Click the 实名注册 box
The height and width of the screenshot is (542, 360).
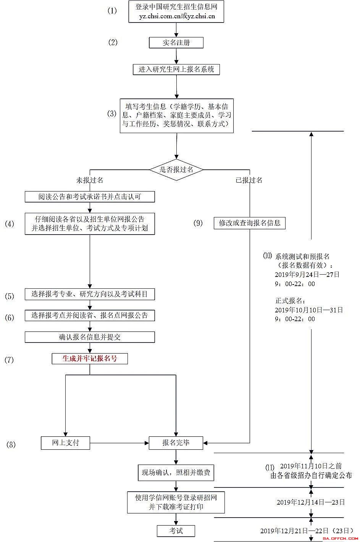coord(176,43)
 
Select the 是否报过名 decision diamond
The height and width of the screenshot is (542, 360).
coord(176,170)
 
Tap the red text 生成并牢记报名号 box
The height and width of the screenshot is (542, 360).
coord(90,359)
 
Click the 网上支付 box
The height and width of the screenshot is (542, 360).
coord(66,443)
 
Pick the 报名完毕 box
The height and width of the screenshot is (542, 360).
coord(176,443)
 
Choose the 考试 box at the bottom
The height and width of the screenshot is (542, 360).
coord(176,531)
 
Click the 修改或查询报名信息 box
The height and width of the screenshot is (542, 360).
coord(250,223)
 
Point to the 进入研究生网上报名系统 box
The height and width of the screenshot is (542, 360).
coord(176,69)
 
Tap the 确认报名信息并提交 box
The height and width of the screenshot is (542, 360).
coord(90,337)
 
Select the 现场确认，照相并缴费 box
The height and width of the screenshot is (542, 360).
coord(176,473)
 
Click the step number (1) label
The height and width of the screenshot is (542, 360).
coord(112,11)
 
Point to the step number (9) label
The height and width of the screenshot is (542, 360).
coord(198,223)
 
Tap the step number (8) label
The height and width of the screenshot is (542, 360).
coord(11,444)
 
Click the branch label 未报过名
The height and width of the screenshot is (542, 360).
coord(90,180)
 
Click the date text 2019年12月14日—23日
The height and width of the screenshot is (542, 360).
coord(310,502)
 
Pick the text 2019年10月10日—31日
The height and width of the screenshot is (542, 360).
coord(308,310)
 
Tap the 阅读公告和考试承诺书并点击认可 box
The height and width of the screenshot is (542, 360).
coord(90,197)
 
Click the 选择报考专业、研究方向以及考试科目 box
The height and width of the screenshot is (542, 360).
coord(90,294)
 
